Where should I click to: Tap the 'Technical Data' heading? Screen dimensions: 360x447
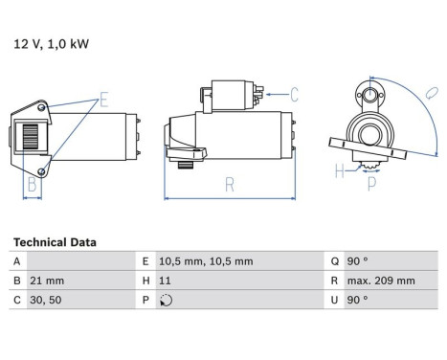[x=55, y=242]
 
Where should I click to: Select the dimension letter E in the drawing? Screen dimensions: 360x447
[x=104, y=99]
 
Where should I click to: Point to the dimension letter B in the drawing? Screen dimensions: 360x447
[x=31, y=184]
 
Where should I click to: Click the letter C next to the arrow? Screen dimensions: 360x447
[x=294, y=94]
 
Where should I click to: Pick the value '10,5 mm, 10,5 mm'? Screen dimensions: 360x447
[x=205, y=260]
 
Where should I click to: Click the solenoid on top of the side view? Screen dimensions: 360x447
[x=226, y=95]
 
